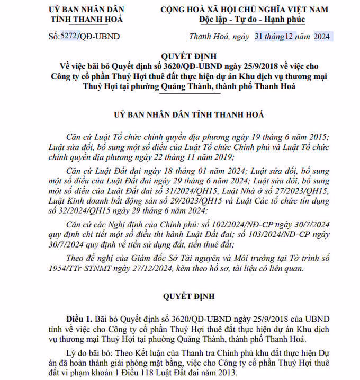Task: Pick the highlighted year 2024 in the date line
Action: click(x=321, y=37)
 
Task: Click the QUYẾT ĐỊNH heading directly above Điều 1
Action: click(x=180, y=296)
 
